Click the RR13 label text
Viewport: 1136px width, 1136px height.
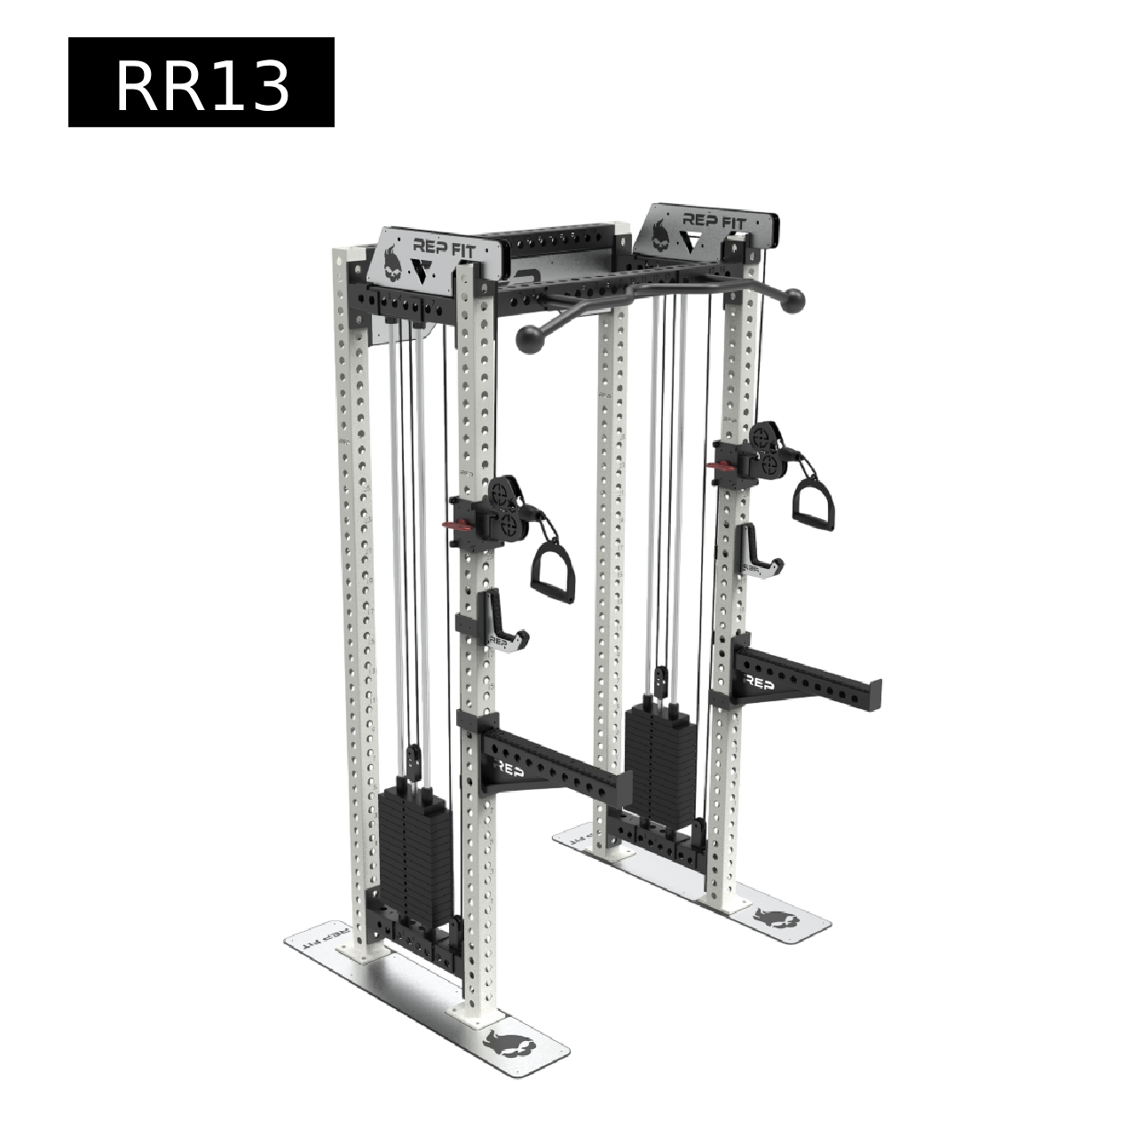coord(202,88)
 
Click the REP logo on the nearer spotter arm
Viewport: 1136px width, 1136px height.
coord(509,769)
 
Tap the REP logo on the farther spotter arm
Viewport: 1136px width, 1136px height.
coord(759,683)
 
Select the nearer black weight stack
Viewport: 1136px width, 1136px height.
coord(415,852)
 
